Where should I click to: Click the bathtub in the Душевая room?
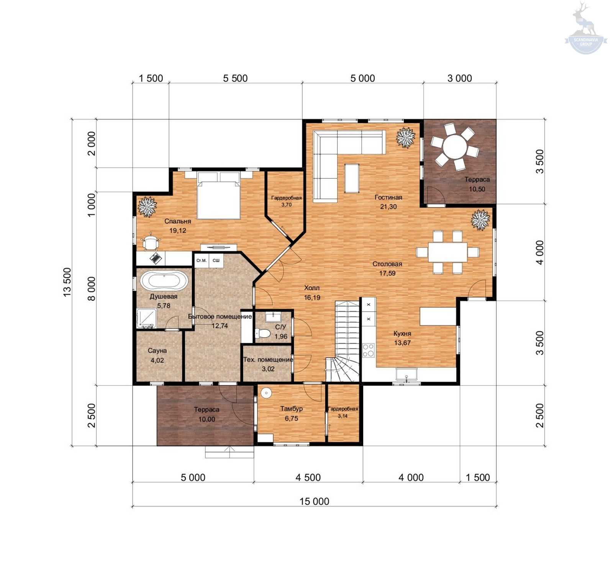tap(164, 281)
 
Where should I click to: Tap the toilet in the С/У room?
tap(263, 333)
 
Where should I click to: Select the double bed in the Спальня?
tap(218, 195)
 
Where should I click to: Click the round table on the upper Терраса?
tap(455, 147)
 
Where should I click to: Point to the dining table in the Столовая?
tap(447, 252)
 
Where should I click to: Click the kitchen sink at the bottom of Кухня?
tap(406, 374)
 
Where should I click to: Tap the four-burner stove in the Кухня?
tap(369, 350)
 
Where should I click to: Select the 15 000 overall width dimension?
tap(314, 501)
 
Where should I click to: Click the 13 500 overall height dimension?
tap(67, 282)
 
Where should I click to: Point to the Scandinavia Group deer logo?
tap(585, 29)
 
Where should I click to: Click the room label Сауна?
tap(157, 351)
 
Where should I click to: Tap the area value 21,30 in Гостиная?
tap(388, 207)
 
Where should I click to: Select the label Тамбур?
tap(291, 409)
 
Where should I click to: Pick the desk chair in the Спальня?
tap(151, 242)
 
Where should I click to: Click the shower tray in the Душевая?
tap(146, 319)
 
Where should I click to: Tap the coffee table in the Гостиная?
tap(352, 178)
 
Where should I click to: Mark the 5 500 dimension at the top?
tap(235, 78)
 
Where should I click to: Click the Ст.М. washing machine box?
tap(202, 261)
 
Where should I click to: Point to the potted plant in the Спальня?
tap(147, 207)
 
